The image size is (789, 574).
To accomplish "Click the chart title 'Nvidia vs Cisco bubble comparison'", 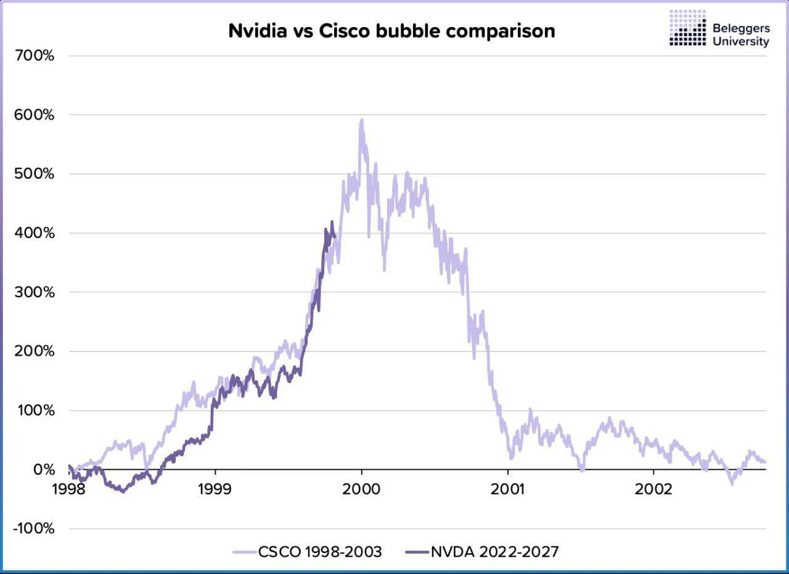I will [x=391, y=30].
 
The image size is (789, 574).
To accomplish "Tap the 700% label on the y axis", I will [x=36, y=56].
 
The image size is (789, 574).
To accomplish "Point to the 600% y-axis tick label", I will [x=36, y=115].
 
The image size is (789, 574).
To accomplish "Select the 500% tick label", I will [x=36, y=174].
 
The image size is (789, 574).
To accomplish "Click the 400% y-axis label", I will [x=36, y=234].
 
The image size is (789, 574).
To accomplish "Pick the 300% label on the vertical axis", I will [x=36, y=293].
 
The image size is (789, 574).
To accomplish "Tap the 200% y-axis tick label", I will [x=36, y=352].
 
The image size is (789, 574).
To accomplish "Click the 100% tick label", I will [x=36, y=411].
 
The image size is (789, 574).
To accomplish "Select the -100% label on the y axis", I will [x=33, y=530].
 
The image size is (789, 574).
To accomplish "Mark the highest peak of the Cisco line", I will [x=362, y=120].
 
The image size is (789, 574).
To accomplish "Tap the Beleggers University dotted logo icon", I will [x=687, y=28].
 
